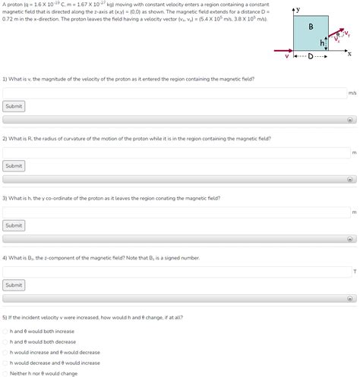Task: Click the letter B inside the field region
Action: coord(311,27)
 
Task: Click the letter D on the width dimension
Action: coord(311,56)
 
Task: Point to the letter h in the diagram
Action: coord(322,43)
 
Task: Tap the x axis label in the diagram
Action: coord(349,54)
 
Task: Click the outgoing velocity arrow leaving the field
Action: coord(337,35)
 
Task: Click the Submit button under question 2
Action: coord(14,165)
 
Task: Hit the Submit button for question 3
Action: coord(14,225)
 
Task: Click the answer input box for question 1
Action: coord(175,93)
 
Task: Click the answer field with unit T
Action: coord(175,271)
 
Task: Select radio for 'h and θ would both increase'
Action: coord(5,331)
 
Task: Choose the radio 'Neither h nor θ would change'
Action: coord(5,373)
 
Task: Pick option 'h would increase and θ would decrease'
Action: coord(5,352)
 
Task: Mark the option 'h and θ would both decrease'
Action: coord(5,341)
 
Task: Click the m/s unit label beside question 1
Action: coord(352,93)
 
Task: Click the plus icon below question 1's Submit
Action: coord(350,120)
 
